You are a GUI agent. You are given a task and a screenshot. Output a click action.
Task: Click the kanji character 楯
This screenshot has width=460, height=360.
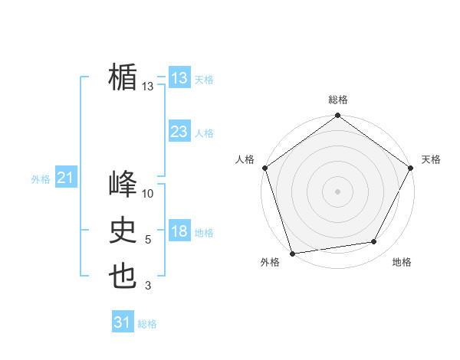point(123,78)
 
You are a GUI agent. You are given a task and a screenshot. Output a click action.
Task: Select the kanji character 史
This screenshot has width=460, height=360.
point(123,231)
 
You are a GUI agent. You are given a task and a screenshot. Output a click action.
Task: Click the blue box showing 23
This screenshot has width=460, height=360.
point(179,132)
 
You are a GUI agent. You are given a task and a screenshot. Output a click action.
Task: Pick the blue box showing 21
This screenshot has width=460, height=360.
point(65,178)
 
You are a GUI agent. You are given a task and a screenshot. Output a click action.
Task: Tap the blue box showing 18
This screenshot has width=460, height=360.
point(179,232)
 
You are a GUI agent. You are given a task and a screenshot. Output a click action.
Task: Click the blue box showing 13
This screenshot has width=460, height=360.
point(179,78)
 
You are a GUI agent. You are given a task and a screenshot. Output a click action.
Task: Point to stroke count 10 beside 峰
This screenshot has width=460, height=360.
point(148,194)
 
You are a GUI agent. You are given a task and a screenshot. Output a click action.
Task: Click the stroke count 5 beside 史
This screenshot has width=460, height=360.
point(148,240)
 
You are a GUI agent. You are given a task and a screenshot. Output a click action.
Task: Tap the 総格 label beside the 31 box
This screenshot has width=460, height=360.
point(147,324)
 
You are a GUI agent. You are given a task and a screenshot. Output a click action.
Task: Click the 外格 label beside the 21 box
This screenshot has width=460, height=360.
point(41,179)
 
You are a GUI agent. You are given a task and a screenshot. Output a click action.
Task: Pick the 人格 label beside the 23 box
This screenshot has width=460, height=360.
point(204,133)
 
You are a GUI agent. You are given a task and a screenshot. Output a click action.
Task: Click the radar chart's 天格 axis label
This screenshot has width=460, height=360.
point(431,159)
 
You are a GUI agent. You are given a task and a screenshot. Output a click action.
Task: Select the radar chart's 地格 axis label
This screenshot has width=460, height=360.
point(402,262)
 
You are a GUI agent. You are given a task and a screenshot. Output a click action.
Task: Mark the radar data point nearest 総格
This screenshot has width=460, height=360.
point(337,116)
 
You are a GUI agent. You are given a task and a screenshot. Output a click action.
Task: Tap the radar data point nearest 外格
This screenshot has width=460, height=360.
point(293,253)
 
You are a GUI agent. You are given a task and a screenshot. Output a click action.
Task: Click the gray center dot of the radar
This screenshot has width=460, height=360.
point(337,191)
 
